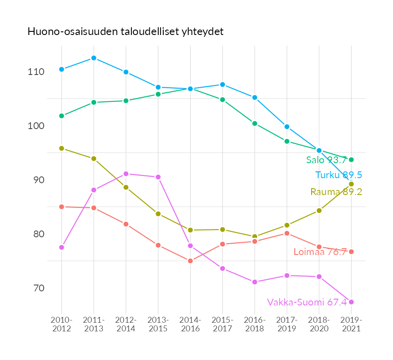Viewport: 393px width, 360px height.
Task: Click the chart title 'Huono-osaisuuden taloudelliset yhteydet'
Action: coord(126,31)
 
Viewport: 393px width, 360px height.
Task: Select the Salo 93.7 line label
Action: coord(326,160)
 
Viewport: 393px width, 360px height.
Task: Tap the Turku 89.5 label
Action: coord(338,175)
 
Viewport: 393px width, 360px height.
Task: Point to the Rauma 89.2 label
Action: coord(336,192)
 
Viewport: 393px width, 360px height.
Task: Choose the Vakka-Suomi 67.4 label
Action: coord(307,302)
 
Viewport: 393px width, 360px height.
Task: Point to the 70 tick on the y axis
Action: coord(39,288)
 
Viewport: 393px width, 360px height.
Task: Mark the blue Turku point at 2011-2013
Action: coord(94,58)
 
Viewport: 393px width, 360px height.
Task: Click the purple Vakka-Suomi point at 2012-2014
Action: coord(126,174)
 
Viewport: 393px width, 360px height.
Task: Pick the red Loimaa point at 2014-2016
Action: coord(190,261)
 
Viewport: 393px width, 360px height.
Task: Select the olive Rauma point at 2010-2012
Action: coord(61,148)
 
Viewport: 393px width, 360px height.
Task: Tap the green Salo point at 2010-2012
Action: coord(61,116)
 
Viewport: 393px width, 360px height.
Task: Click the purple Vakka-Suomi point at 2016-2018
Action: coord(255,282)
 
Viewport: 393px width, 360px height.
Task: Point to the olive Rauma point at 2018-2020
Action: coord(319,210)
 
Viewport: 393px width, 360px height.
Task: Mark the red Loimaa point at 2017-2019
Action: coord(287,233)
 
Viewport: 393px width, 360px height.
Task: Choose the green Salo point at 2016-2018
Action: coord(255,123)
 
